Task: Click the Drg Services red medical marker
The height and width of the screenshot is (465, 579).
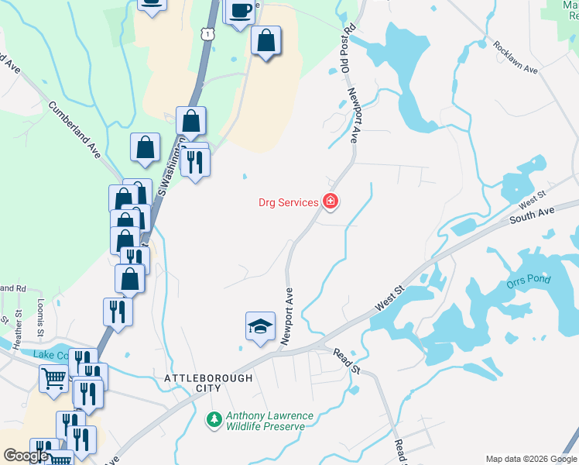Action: click(x=331, y=202)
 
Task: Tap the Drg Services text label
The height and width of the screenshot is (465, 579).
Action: click(x=288, y=203)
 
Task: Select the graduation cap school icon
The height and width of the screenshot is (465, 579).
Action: click(x=261, y=325)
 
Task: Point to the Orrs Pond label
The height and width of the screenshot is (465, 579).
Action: click(x=527, y=283)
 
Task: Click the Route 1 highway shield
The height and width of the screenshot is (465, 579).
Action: click(x=206, y=33)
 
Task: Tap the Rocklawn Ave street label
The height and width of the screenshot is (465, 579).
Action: click(x=515, y=57)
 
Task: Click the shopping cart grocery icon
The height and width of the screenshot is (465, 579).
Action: click(x=53, y=379)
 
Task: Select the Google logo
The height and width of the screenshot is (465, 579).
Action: click(x=26, y=456)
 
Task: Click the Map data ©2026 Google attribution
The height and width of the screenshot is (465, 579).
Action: click(x=530, y=459)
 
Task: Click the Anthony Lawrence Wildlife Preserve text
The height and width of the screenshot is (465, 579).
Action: click(x=269, y=422)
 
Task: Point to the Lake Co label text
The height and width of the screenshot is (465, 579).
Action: click(x=50, y=355)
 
